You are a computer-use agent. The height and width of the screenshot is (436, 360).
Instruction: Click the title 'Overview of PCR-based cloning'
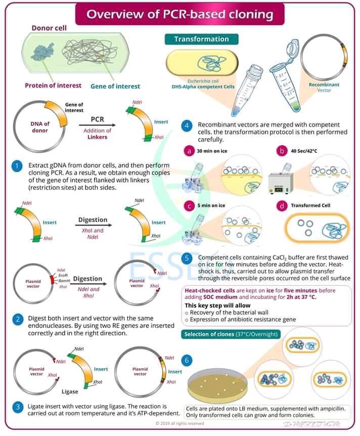pos(179,14)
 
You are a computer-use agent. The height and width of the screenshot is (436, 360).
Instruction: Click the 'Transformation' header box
pos(201,39)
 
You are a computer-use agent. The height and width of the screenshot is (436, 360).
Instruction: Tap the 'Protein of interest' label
pos(53,85)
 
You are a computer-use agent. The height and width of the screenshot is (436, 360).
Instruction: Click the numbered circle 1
pos(18,166)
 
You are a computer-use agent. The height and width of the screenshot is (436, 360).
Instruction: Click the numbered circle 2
pos(18,319)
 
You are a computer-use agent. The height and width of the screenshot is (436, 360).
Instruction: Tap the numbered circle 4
pos(188,125)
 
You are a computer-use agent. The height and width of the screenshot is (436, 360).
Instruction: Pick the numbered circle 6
pos(188,360)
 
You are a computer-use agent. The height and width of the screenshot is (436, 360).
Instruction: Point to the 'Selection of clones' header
pos(230,334)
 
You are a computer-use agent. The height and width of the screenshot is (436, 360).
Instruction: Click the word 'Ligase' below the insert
pos(70,391)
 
